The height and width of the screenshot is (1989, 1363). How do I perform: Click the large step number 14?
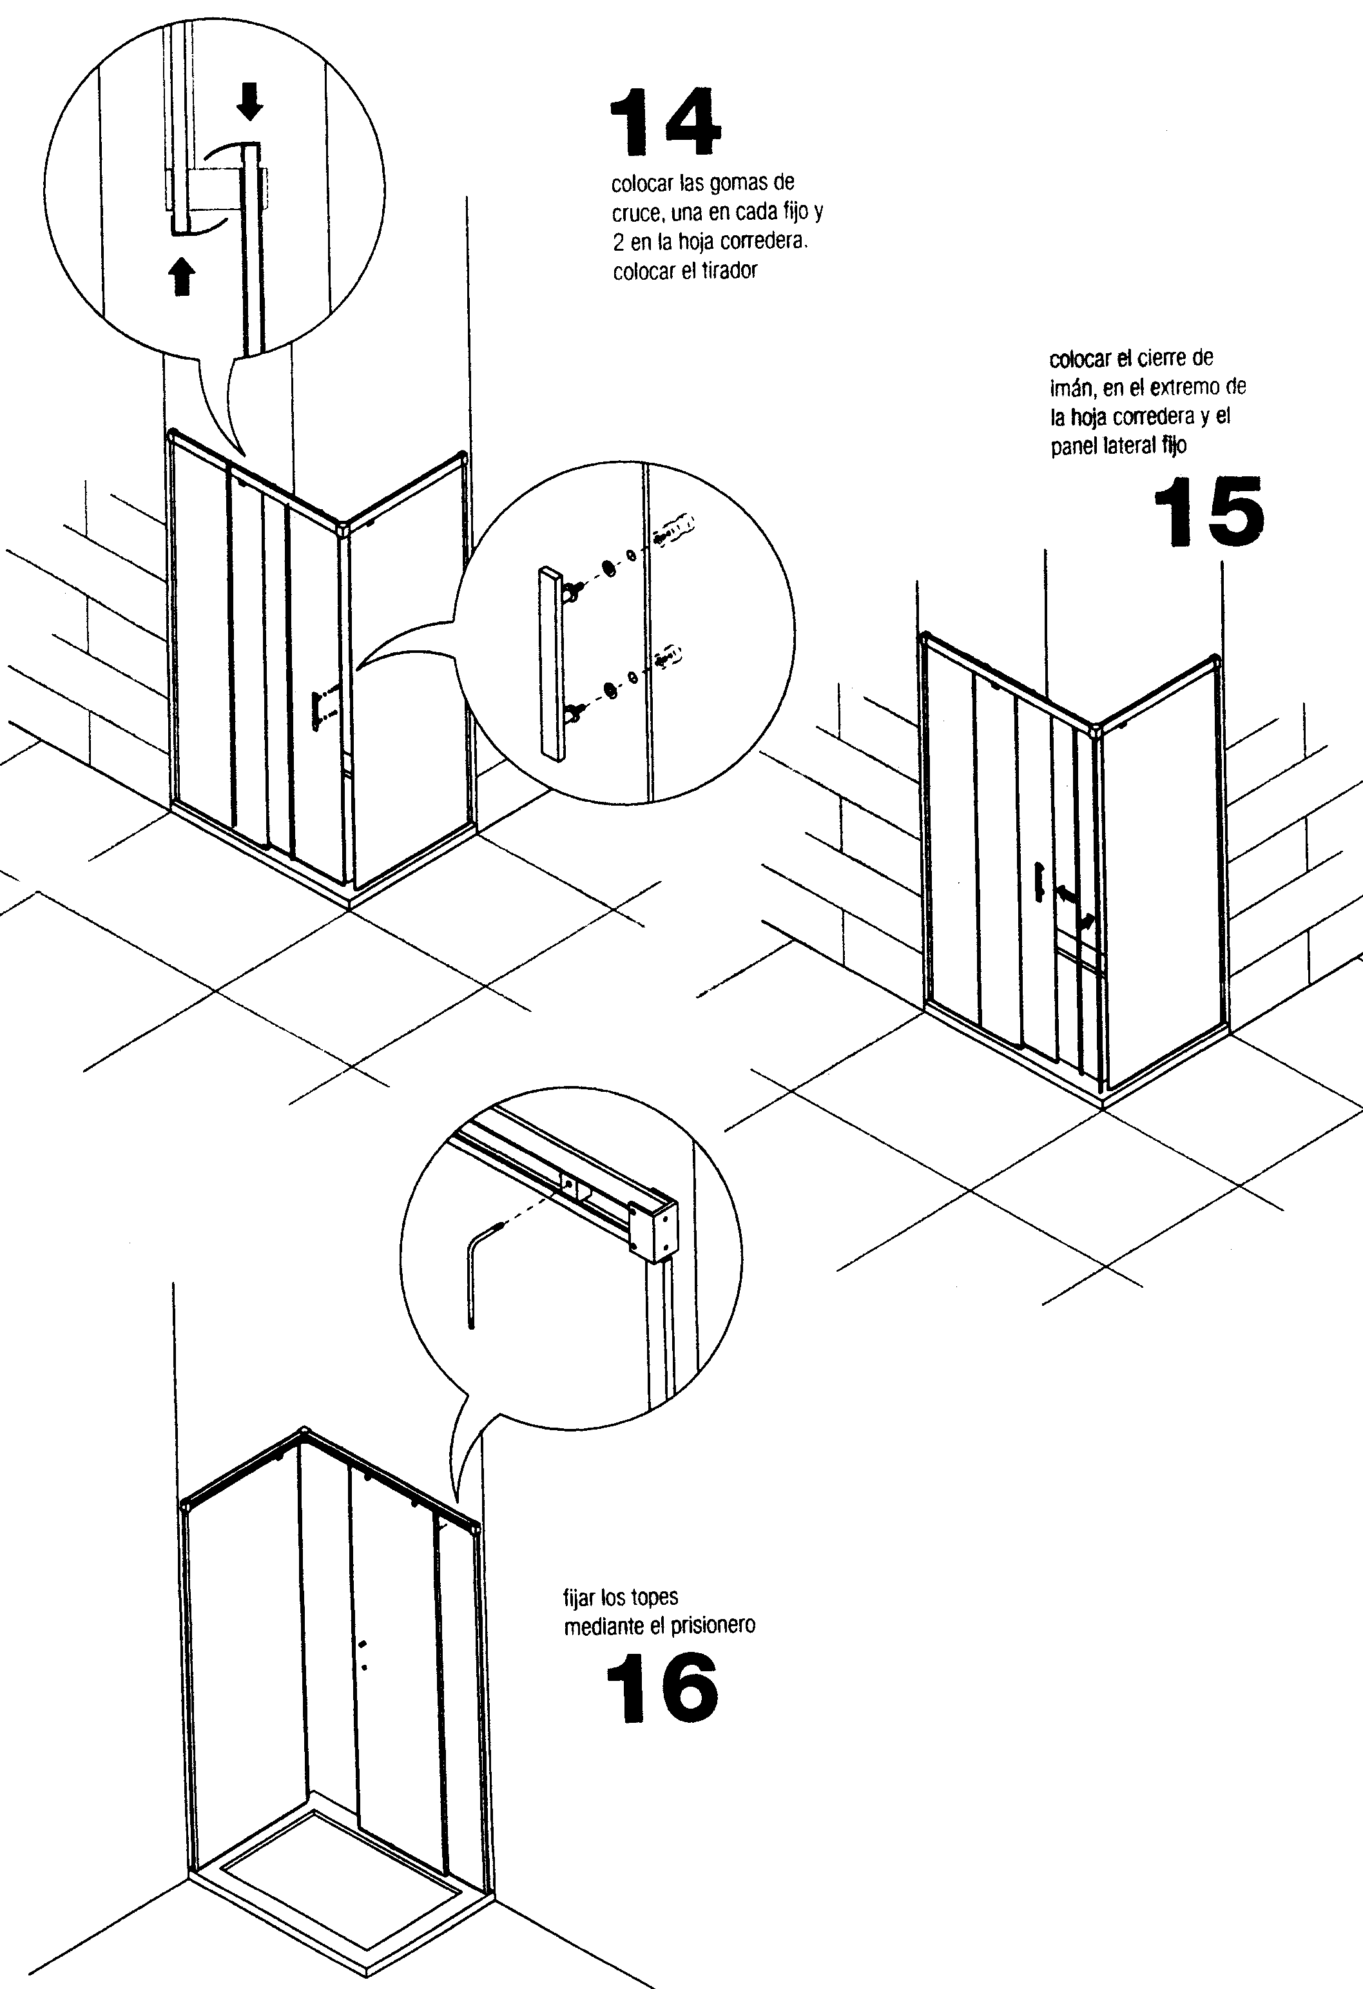[x=666, y=122]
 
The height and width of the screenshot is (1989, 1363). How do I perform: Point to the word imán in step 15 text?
[x=1071, y=388]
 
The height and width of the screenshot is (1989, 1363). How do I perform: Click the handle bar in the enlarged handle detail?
[x=552, y=663]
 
